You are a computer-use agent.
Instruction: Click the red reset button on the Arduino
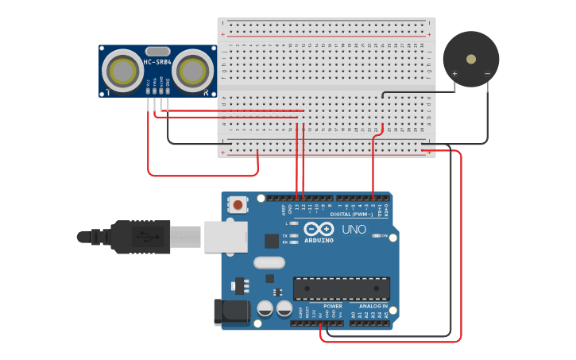(238, 205)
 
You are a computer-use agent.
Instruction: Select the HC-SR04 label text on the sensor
(156, 63)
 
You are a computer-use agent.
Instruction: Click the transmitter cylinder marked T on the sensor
(123, 70)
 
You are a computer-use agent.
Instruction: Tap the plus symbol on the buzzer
(455, 75)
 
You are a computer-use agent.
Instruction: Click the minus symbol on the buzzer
(487, 75)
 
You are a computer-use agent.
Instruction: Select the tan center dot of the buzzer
(471, 59)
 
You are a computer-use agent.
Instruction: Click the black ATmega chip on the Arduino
(342, 288)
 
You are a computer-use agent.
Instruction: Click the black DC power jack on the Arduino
(231, 312)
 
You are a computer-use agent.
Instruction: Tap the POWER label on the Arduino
(332, 306)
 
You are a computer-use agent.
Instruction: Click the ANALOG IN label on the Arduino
(373, 306)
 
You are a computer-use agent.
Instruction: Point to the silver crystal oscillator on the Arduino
(269, 262)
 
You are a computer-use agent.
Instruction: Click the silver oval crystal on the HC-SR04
(157, 52)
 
